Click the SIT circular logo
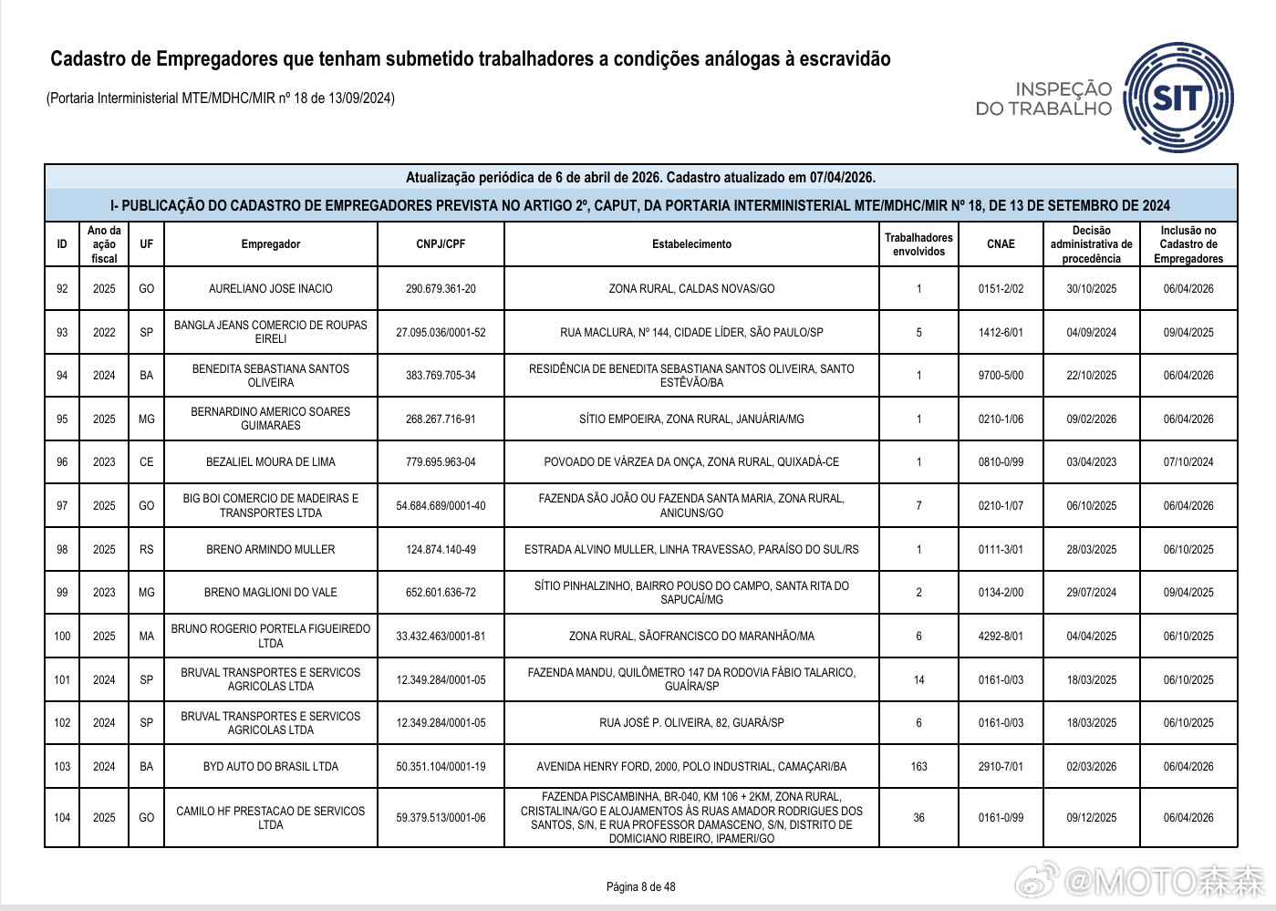click(1178, 98)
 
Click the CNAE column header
click(1001, 244)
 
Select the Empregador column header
click(271, 244)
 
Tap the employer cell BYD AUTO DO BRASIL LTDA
click(271, 767)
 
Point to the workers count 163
click(918, 767)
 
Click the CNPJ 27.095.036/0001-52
click(441, 333)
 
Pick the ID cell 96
click(62, 462)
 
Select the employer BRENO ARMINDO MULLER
click(271, 550)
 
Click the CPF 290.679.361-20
click(441, 289)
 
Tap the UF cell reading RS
click(147, 550)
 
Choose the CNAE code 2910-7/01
click(1001, 767)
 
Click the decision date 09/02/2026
click(1091, 419)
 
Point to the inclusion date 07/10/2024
click(1188, 462)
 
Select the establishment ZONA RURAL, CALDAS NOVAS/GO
click(691, 289)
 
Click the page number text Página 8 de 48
click(640, 887)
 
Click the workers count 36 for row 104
click(918, 818)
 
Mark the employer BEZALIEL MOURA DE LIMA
click(271, 462)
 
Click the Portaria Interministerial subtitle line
click(221, 98)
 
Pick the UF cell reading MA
click(147, 637)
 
